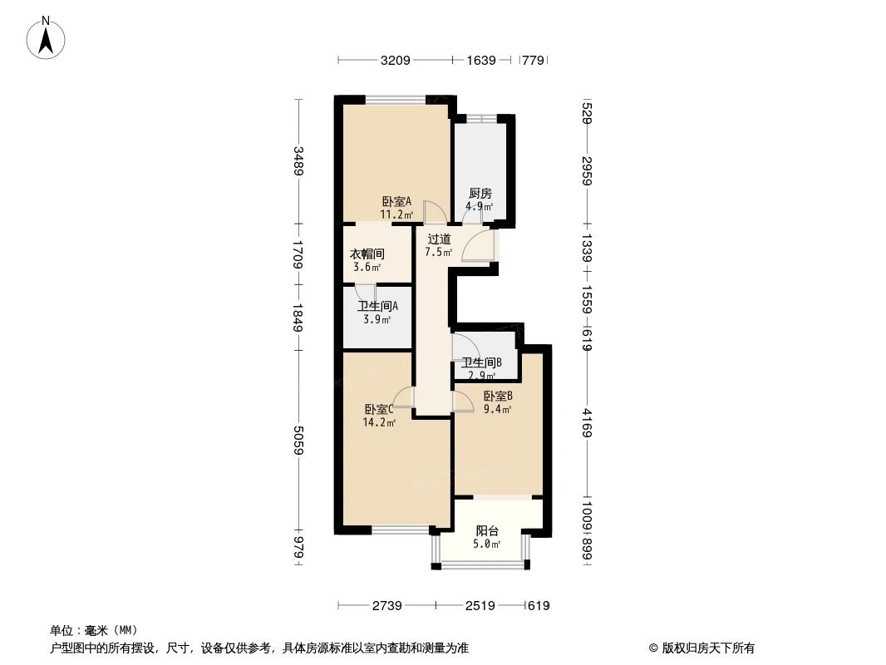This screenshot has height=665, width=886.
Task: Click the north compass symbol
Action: [47, 37]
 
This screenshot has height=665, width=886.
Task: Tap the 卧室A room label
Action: [396, 202]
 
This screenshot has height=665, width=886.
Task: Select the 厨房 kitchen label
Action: [480, 194]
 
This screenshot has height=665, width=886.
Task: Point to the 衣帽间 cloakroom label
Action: [366, 254]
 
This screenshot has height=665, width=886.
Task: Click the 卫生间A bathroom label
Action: [378, 305]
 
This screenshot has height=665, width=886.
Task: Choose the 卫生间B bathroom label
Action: [482, 362]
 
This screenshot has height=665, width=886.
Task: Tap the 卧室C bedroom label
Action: [378, 409]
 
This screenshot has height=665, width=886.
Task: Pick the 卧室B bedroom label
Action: [496, 396]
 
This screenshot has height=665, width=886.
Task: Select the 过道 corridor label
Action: [439, 239]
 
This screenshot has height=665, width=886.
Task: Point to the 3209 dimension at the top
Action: [396, 60]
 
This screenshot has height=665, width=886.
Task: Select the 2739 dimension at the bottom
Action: [386, 606]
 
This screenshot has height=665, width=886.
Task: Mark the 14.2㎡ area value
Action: [378, 422]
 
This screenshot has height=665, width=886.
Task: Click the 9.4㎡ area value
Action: [496, 408]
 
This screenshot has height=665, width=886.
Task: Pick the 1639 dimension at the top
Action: [481, 60]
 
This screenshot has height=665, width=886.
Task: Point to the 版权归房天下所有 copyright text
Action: [701, 648]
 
